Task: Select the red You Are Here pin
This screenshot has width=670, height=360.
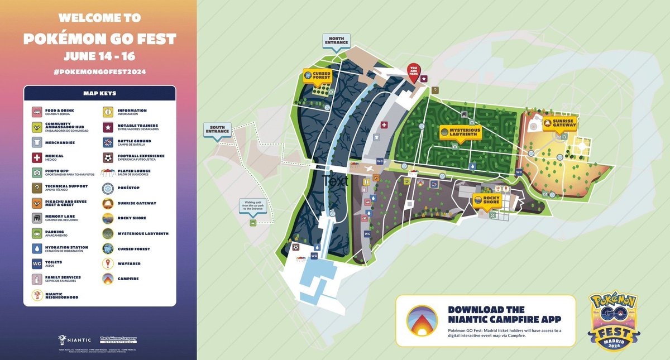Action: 414,73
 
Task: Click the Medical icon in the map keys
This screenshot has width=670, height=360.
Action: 36,158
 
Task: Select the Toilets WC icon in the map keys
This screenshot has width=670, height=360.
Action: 36,263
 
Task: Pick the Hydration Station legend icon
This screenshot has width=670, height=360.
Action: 36,248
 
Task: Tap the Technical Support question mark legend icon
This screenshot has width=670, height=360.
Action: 36,188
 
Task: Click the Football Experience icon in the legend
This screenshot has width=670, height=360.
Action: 108,158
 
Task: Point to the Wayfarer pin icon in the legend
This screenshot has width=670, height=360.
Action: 108,263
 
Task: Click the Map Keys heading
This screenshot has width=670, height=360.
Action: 99,93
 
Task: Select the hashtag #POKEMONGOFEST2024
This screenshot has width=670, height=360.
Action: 99,73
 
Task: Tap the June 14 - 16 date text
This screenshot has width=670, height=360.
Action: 99,56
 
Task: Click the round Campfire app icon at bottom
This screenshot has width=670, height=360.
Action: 422,320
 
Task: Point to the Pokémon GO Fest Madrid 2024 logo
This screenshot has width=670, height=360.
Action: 614,321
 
